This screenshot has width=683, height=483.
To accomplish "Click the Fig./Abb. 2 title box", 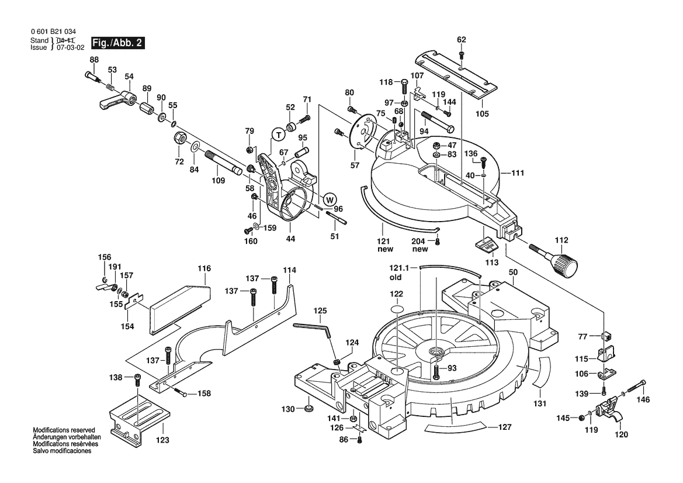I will [117, 44].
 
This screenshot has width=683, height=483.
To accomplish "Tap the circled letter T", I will [279, 134].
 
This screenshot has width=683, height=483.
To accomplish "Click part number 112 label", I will [561, 240].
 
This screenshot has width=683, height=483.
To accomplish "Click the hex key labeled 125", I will [313, 329].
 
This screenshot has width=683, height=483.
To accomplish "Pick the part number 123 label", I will [162, 439].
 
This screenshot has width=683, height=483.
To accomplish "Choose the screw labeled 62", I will [462, 56].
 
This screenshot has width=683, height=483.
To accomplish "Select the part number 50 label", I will [513, 273].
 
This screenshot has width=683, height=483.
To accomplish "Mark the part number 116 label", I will [204, 268].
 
